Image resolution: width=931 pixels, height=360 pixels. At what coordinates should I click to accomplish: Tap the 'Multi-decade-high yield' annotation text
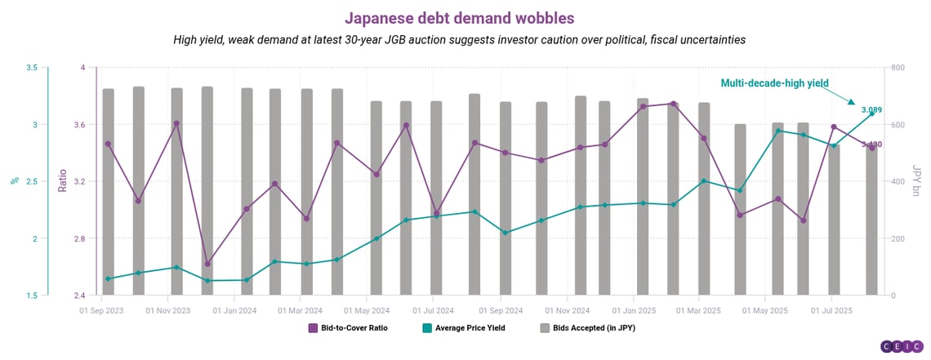774,82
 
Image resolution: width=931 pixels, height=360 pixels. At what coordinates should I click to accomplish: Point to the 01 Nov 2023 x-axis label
168,310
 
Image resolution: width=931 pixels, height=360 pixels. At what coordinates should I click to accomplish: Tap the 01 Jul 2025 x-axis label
831,310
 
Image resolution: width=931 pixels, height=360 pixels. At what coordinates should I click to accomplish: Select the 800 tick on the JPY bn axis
897,68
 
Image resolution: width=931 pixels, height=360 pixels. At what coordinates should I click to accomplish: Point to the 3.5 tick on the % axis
32,68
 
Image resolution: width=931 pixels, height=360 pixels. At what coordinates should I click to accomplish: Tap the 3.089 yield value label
871,109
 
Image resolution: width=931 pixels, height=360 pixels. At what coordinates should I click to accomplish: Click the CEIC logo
902,345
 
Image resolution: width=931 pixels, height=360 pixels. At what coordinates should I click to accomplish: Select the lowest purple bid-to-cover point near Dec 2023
207,264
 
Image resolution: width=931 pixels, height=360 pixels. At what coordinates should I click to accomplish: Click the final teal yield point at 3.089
871,114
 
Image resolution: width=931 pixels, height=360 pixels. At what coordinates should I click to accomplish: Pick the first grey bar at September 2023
108,192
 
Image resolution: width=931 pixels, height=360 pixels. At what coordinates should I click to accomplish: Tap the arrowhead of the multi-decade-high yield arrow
852,103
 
